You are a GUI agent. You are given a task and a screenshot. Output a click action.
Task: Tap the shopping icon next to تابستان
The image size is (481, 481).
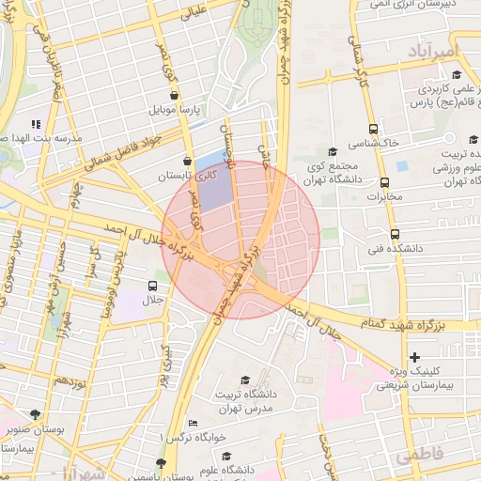tap(188, 161)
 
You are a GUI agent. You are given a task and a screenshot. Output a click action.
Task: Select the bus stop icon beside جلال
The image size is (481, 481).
tap(153, 286)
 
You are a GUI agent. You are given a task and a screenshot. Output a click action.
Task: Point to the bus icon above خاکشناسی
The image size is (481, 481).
tap(374, 129)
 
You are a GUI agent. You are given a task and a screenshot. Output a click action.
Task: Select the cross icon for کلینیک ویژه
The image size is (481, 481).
tap(415, 358)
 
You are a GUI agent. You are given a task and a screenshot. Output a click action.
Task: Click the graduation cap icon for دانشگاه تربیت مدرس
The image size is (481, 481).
tap(246, 380)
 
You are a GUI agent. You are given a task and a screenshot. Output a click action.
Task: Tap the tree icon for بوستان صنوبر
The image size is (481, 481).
tap(36, 413)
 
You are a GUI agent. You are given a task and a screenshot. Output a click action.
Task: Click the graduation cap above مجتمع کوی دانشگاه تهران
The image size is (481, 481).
tap(332, 151)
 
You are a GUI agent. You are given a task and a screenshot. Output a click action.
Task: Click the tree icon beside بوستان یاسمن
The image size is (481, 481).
tap(162, 463)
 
